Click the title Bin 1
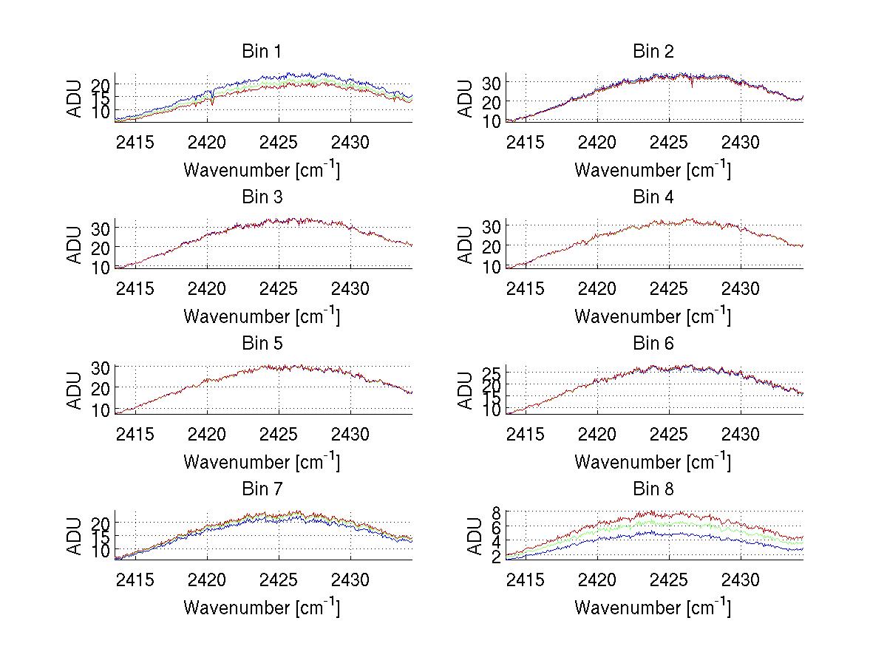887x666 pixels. tap(262, 51)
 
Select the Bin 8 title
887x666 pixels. tap(653, 489)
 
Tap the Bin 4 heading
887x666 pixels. tap(653, 197)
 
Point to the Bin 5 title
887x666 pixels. tap(262, 343)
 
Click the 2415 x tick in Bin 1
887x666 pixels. tap(136, 141)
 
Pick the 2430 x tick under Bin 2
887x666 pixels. tap(740, 141)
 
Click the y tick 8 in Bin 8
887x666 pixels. tap(497, 512)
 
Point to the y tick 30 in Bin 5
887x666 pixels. tap(101, 367)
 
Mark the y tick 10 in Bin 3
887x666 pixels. tap(101, 267)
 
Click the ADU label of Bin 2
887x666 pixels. tap(465, 98)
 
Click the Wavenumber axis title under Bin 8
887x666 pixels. tap(653, 608)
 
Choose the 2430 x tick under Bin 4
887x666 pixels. tap(740, 288)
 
